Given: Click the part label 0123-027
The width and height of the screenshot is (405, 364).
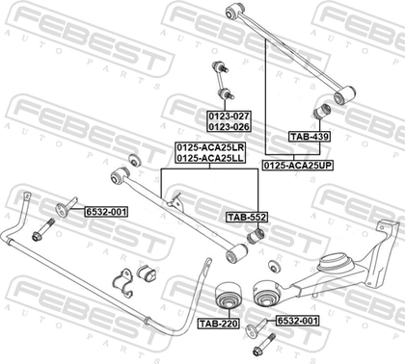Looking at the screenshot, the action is [x=229, y=116].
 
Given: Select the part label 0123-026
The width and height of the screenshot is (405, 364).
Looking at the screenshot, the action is [x=229, y=127].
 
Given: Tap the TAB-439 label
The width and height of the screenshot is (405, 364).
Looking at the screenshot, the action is [x=310, y=137].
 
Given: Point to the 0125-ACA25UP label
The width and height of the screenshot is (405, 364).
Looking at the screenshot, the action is [x=298, y=166].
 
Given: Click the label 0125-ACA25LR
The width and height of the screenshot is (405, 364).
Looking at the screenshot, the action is [x=210, y=147].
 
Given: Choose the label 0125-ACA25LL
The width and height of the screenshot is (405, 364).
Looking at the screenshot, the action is [x=210, y=158].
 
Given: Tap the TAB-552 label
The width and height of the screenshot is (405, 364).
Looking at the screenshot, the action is [x=247, y=218].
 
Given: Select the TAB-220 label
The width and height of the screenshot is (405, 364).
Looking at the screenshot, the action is [x=218, y=324].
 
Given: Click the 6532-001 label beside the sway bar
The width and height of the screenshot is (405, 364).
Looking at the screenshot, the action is [x=106, y=212].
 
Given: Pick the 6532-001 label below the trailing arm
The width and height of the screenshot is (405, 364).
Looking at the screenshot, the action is [x=297, y=321].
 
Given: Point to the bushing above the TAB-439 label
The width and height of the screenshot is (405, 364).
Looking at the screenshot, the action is [x=322, y=112].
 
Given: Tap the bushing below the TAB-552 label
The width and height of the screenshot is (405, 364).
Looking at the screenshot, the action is [x=256, y=236].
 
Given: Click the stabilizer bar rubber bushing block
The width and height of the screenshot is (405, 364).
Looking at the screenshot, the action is [x=147, y=273].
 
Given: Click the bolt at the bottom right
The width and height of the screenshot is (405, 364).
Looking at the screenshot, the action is [x=264, y=344].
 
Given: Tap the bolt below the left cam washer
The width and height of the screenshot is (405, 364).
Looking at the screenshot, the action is [x=43, y=229].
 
